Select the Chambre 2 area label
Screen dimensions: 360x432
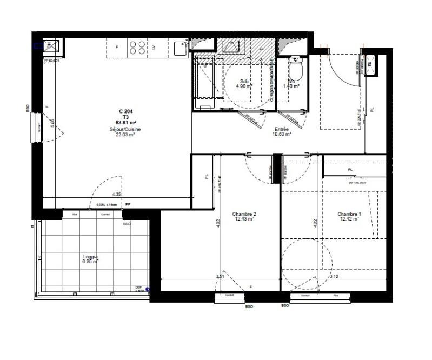tap(244, 216)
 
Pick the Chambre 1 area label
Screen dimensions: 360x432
tap(349, 216)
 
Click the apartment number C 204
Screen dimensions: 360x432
tap(125, 111)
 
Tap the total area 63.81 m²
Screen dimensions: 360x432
tap(125, 123)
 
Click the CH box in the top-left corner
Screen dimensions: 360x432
tap(49, 45)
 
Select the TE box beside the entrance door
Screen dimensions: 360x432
tap(370, 64)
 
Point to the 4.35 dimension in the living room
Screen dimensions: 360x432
tap(116, 194)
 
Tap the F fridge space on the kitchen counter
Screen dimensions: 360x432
tap(117, 47)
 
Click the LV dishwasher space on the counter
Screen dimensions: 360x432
tap(154, 47)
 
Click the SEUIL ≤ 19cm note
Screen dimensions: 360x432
tap(107, 205)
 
